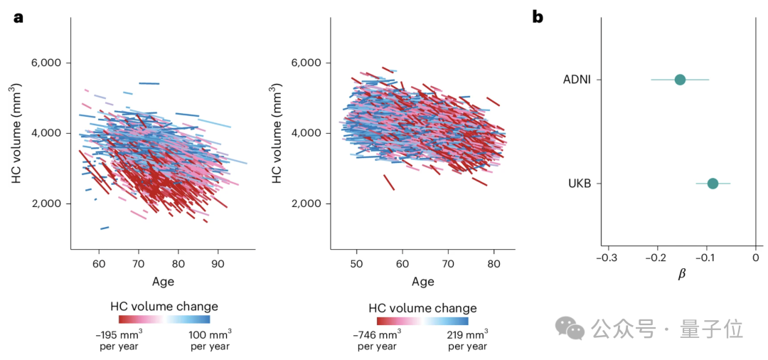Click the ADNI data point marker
pyautogui.click(x=680, y=79)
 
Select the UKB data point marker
pyautogui.click(x=713, y=184)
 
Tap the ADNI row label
pyautogui.click(x=577, y=79)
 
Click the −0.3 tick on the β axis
pyautogui.click(x=606, y=258)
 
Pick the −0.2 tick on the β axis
pyautogui.click(x=656, y=258)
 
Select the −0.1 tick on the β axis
pyautogui.click(x=705, y=258)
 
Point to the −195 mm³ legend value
pyautogui.click(x=118, y=333)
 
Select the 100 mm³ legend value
pyautogui.click(x=210, y=333)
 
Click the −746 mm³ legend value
pyautogui.click(x=377, y=334)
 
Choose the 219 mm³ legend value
pyautogui.click(x=468, y=334)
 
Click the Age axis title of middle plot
pyautogui.click(x=422, y=282)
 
